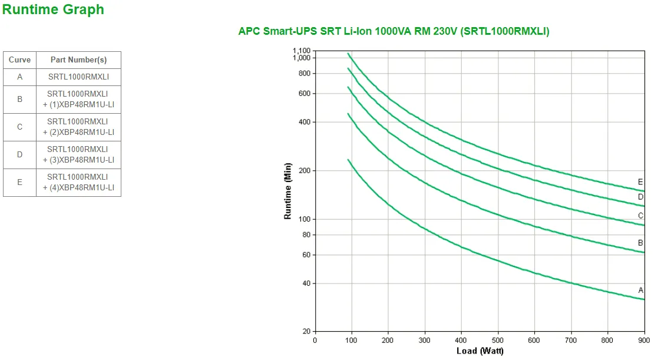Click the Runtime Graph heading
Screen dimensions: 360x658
point(53,9)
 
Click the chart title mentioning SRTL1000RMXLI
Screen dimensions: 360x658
point(394,31)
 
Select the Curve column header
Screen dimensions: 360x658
point(19,60)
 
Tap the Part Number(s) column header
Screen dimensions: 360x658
point(78,60)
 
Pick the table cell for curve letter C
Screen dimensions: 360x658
point(19,127)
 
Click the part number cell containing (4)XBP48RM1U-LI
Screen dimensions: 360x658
point(78,183)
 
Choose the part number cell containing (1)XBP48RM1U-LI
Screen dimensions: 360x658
point(78,99)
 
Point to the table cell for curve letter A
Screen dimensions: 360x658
point(19,77)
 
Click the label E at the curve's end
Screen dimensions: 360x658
point(640,181)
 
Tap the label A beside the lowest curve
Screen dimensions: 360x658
point(641,289)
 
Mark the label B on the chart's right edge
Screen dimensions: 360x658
point(640,243)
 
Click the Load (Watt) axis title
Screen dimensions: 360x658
point(480,351)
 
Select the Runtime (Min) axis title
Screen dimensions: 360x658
point(288,191)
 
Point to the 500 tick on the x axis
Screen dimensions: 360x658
point(498,340)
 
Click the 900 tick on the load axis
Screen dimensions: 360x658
point(644,340)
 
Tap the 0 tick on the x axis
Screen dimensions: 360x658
point(315,340)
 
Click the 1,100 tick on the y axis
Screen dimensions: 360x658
point(301,51)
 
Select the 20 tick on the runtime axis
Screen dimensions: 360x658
point(306,332)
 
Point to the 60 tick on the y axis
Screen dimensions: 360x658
point(306,255)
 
